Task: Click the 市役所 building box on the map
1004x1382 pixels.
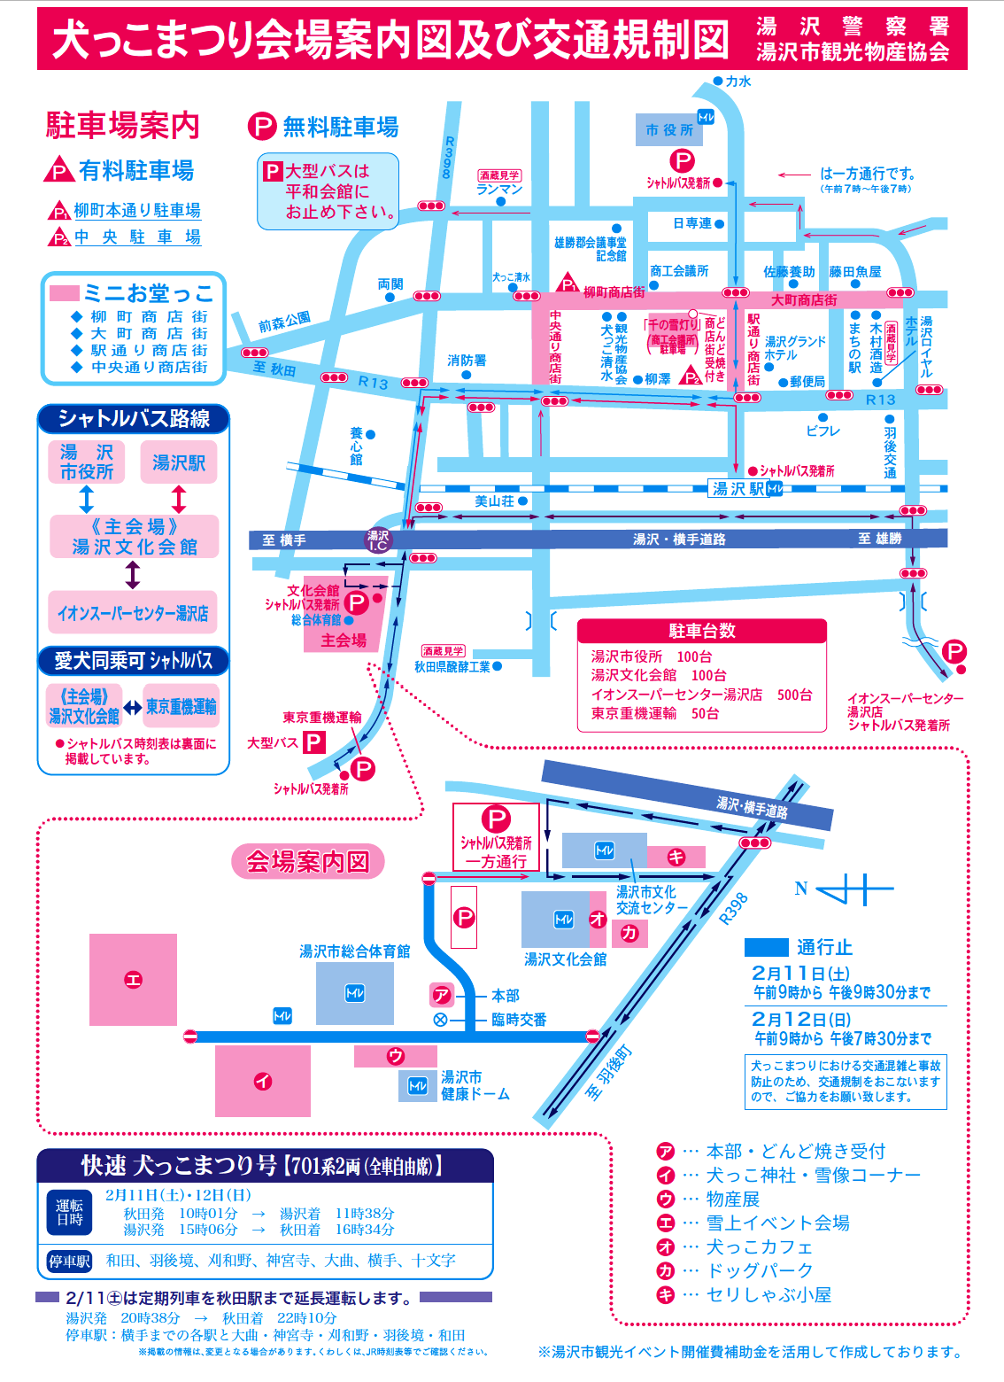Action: (669, 130)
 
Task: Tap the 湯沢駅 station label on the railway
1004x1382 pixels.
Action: (738, 488)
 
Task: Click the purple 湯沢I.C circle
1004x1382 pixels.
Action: (378, 540)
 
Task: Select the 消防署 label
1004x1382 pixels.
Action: (467, 361)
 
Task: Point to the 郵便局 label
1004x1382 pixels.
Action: (807, 382)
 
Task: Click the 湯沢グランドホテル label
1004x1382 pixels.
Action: (794, 347)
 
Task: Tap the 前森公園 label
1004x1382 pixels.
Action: (284, 322)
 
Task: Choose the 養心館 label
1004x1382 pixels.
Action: (356, 446)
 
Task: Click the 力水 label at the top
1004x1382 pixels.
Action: (738, 82)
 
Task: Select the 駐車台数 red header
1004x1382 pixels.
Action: (701, 631)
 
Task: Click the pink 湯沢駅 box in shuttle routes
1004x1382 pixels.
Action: (178, 462)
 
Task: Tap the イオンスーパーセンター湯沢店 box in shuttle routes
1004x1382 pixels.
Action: (133, 613)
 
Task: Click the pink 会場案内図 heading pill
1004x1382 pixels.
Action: (307, 861)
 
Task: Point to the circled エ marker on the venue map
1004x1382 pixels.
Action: (133, 979)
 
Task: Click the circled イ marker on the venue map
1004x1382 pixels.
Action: (263, 1081)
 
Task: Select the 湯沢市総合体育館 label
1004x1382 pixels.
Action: (354, 951)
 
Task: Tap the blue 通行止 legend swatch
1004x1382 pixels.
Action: (766, 947)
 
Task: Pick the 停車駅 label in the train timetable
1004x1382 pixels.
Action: (70, 1261)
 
